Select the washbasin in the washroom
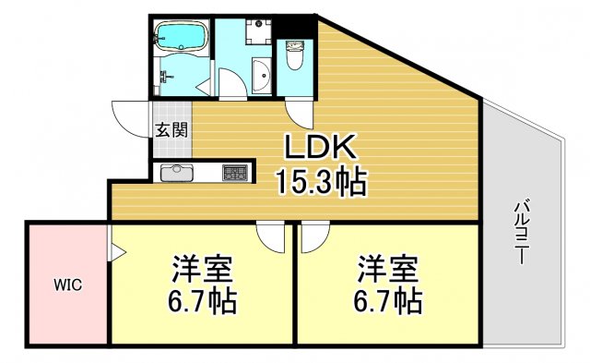[x=261, y=73]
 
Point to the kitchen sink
[x=175, y=173]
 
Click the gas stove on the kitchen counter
[x=234, y=173]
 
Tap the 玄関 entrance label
[x=171, y=130]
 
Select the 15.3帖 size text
[x=321, y=182]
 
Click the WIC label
[x=66, y=284]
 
